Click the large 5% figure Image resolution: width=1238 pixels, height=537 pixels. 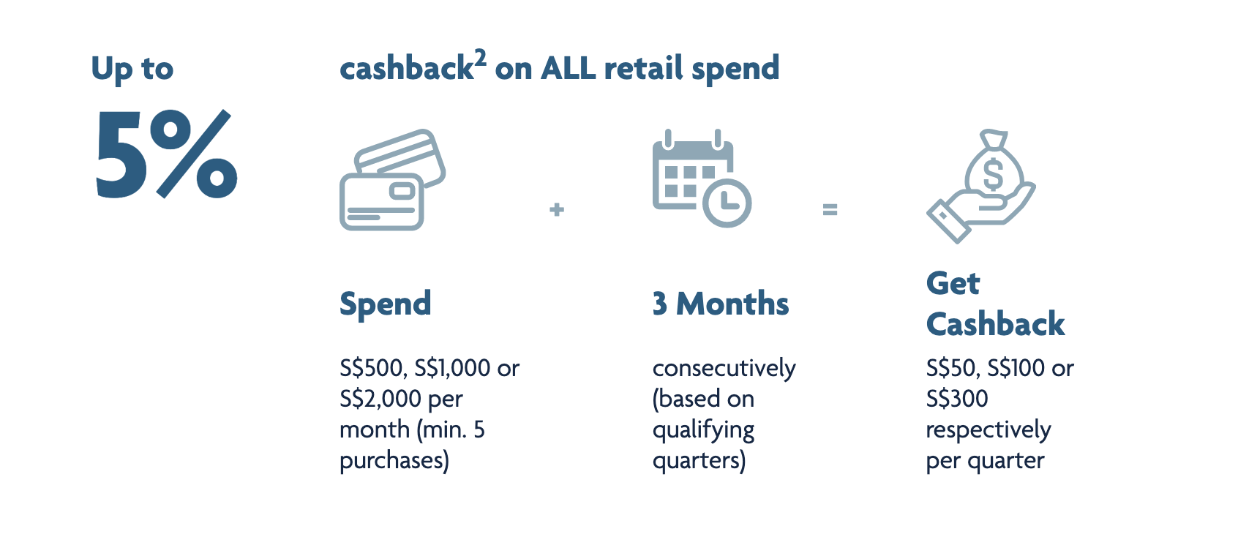[166, 154]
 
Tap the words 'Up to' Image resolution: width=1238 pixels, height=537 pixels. [132, 70]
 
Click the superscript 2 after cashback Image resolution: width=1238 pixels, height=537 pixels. [480, 58]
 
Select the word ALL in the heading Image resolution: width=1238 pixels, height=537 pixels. [568, 69]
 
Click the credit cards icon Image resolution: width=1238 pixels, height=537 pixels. [392, 179]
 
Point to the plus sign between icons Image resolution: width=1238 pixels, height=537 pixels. [557, 209]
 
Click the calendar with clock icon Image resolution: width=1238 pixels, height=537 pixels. [702, 178]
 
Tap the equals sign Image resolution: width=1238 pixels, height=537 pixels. [830, 209]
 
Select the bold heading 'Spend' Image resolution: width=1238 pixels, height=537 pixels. [385, 304]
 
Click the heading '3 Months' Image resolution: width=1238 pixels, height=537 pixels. [721, 304]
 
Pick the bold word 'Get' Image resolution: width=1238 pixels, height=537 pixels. [953, 283]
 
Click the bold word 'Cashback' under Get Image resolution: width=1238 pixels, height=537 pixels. [995, 324]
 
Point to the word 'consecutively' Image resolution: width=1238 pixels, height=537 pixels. [724, 369]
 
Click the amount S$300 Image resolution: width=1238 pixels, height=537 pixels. [957, 399]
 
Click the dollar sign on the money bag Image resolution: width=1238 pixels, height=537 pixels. [993, 175]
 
